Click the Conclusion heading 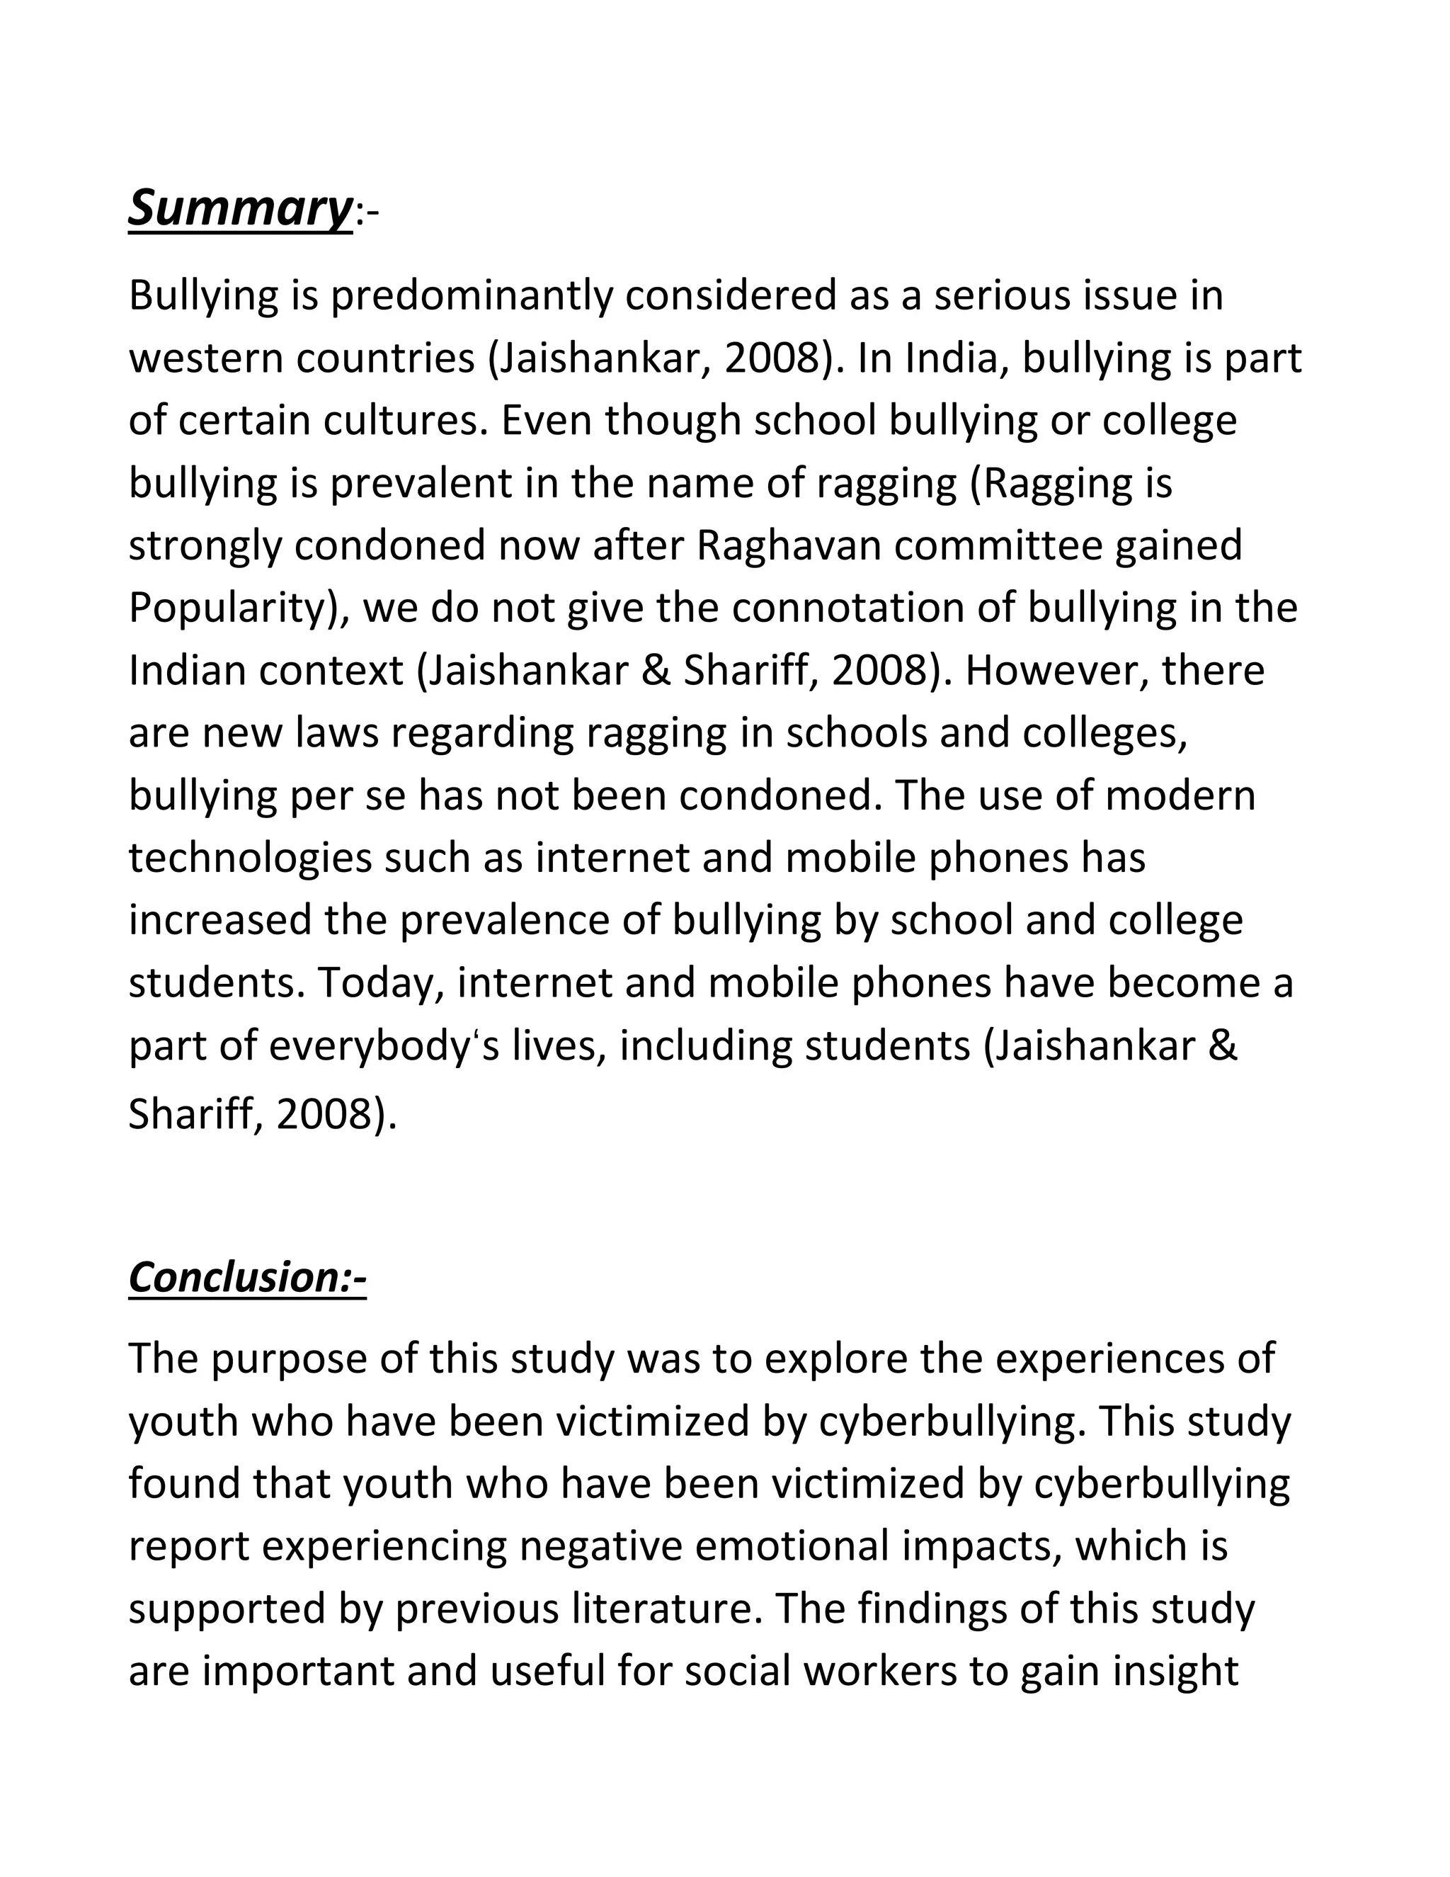tap(247, 1277)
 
